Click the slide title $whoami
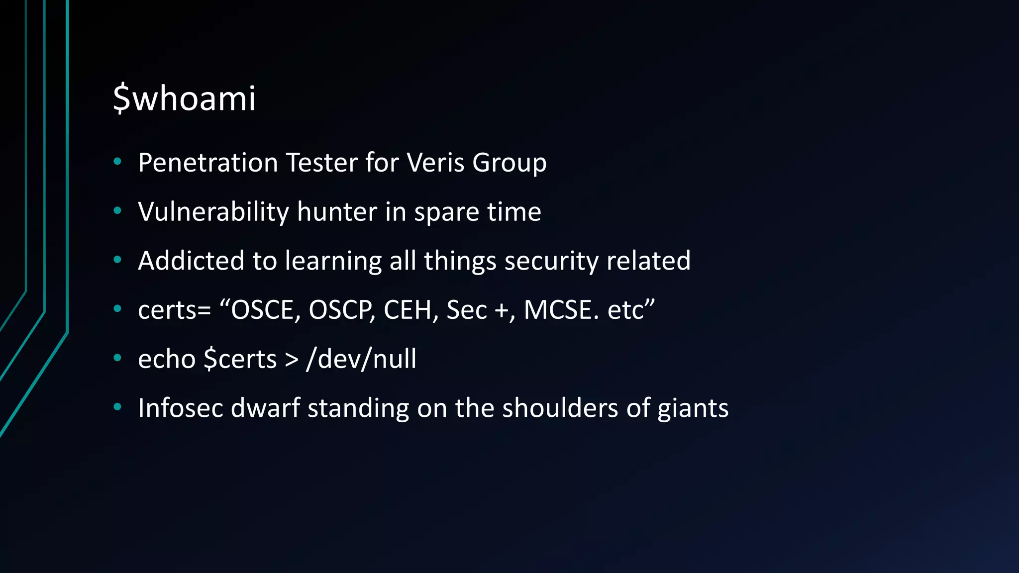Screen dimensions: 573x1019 pyautogui.click(x=184, y=98)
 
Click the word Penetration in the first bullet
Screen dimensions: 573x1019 pyautogui.click(x=207, y=163)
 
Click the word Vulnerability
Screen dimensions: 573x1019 pyautogui.click(x=213, y=212)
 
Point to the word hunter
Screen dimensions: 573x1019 pyautogui.click(x=337, y=212)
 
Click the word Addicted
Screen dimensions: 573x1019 pyautogui.click(x=191, y=261)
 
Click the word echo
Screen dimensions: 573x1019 pyautogui.click(x=167, y=359)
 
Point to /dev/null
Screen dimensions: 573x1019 pyautogui.click(x=361, y=359)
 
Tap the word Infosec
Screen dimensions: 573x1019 pyautogui.click(x=180, y=408)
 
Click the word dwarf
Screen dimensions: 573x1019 pyautogui.click(x=265, y=408)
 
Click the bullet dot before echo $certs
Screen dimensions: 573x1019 pyautogui.click(x=117, y=358)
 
